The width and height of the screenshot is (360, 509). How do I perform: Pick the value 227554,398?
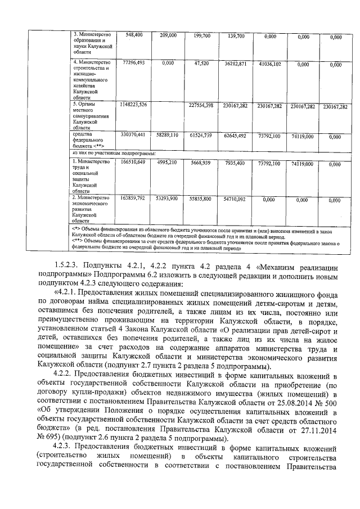pos(200,105)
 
